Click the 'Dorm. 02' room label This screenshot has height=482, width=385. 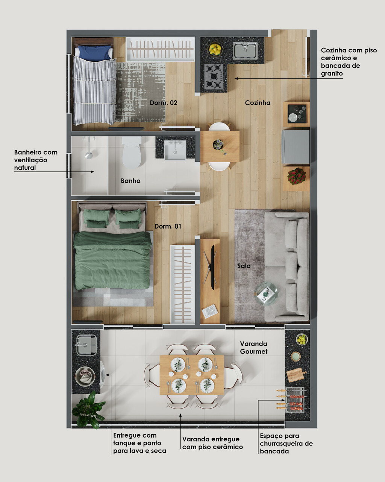(163, 103)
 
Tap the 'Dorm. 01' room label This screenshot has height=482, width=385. (168, 226)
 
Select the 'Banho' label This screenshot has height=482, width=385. (130, 181)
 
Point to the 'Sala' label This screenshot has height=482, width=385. (244, 266)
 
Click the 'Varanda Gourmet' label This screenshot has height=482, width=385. (254, 348)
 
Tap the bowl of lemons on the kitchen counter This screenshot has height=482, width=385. (215, 49)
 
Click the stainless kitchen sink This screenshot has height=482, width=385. (246, 50)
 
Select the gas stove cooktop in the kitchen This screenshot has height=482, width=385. (213, 76)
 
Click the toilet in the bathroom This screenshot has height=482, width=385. (132, 152)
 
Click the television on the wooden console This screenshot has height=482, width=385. (211, 267)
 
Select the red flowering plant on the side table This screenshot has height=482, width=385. (296, 176)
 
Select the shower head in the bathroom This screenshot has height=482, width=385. (89, 155)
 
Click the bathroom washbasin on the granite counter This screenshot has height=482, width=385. (175, 150)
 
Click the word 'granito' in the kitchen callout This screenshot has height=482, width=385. (332, 73)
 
